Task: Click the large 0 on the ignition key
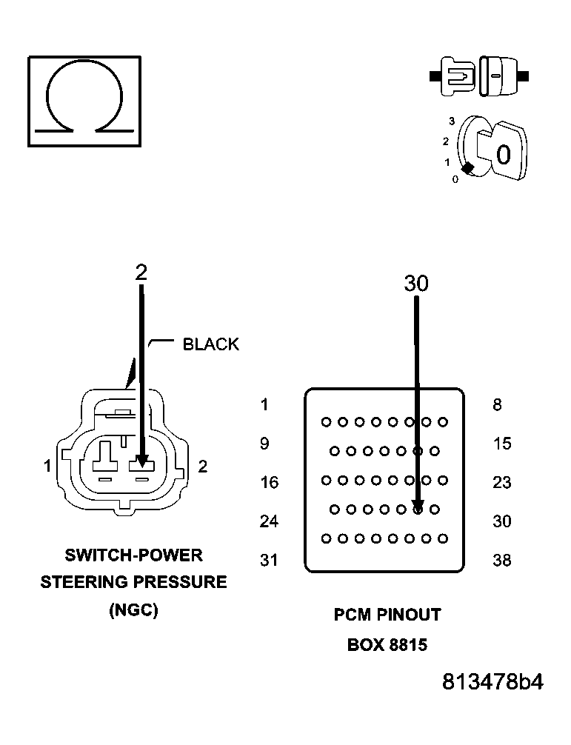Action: click(x=503, y=155)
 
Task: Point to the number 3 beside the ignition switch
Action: click(x=451, y=121)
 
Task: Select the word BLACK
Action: click(x=211, y=344)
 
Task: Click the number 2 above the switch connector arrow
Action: click(x=141, y=272)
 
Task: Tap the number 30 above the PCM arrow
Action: click(x=416, y=283)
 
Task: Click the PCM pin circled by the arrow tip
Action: click(x=418, y=510)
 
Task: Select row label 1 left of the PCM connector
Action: click(x=264, y=405)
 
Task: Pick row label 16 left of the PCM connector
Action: click(x=269, y=483)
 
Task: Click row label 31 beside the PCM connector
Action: click(x=269, y=561)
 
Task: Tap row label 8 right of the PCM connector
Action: click(x=497, y=405)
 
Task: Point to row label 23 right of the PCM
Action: click(x=501, y=483)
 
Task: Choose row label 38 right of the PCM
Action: click(x=501, y=561)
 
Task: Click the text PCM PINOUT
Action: click(x=387, y=615)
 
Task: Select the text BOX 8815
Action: click(x=387, y=645)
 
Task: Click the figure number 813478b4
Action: click(x=492, y=682)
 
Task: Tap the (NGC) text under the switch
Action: click(x=133, y=611)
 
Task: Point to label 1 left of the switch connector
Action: click(x=47, y=466)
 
